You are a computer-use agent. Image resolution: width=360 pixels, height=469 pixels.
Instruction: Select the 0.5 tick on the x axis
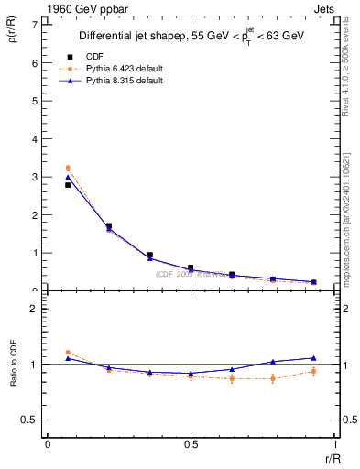[x=190, y=446]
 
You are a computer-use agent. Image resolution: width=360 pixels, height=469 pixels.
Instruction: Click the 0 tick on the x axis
[x=48, y=446]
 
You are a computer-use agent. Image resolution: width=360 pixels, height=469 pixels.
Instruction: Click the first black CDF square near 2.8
[x=67, y=185]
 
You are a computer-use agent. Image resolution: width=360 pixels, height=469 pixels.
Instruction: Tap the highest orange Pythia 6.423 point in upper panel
[x=67, y=168]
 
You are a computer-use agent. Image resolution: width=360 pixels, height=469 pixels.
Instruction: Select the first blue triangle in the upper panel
[x=67, y=177]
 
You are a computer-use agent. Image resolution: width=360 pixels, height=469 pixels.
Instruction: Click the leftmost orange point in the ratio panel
[x=67, y=352]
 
